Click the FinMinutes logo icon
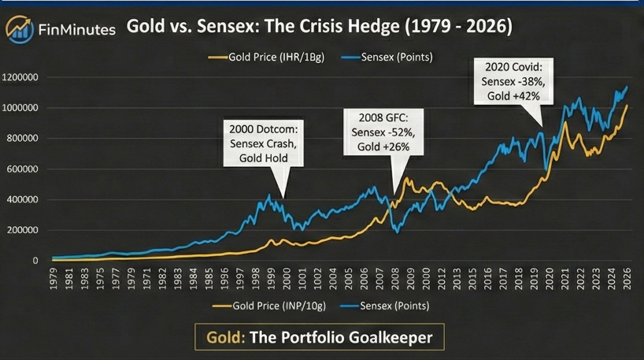pyautogui.click(x=20, y=29)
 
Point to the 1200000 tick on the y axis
pyautogui.click(x=24, y=77)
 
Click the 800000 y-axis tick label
pyautogui.click(x=26, y=139)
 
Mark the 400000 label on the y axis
pyautogui.click(x=26, y=199)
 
